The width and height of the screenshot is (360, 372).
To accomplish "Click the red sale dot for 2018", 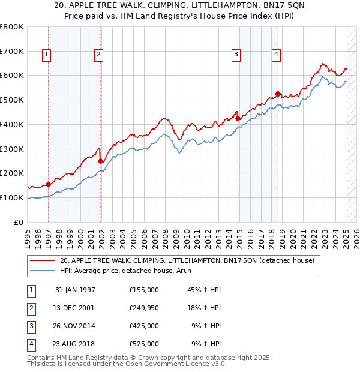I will pyautogui.click(x=278, y=94).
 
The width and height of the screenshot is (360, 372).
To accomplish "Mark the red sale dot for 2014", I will pyautogui.click(x=238, y=118).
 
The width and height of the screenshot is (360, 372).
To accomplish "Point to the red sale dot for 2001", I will pyautogui.click(x=100, y=161).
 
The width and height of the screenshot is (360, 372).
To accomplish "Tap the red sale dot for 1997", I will pyautogui.click(x=49, y=184).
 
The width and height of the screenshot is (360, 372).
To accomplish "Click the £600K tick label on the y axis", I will pyautogui.click(x=12, y=76).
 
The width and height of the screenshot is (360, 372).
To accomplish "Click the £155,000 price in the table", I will pyautogui.click(x=144, y=290).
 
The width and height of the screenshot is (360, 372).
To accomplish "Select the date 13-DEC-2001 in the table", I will pyautogui.click(x=74, y=308).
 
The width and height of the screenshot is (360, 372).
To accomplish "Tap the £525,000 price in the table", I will pyautogui.click(x=144, y=344).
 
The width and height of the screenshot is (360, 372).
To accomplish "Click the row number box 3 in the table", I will pyautogui.click(x=31, y=326).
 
